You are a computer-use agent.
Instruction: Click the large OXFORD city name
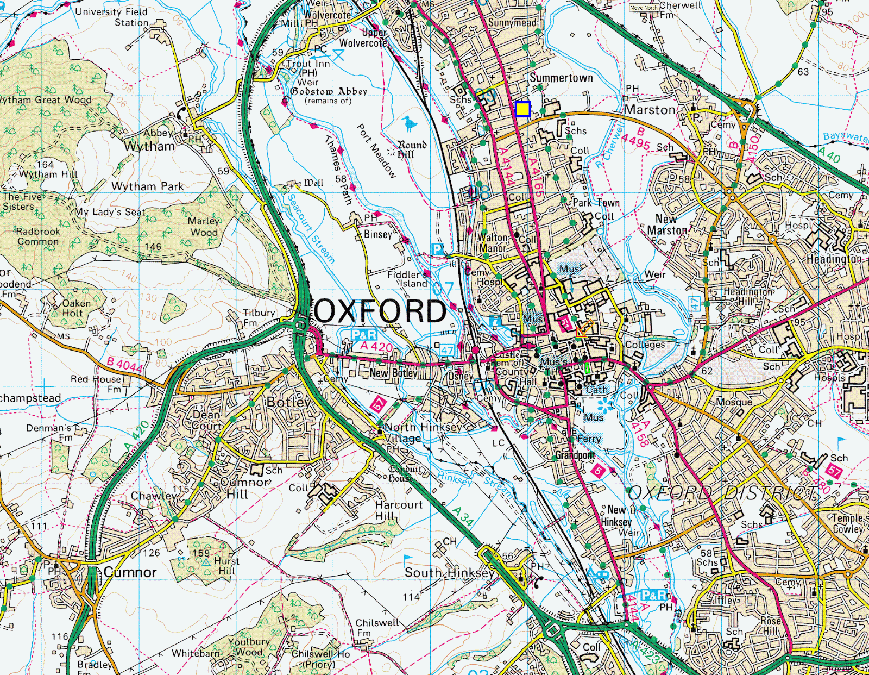point(380,311)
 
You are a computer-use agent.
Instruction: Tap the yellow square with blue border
point(522,109)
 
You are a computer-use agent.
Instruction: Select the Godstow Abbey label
point(329,91)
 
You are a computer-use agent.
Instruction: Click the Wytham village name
point(149,146)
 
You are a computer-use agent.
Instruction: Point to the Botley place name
point(288,402)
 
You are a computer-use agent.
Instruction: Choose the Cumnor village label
point(130,572)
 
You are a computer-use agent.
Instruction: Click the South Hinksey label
point(450,572)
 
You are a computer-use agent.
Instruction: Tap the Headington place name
point(833,259)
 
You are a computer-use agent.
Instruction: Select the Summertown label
point(561,78)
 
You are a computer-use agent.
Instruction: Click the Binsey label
point(377,234)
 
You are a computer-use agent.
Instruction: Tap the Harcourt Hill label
point(399,510)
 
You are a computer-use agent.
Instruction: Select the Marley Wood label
point(204,227)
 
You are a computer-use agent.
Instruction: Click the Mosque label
point(734,402)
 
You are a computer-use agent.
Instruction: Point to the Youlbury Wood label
point(249,647)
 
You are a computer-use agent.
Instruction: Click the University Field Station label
point(111,17)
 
